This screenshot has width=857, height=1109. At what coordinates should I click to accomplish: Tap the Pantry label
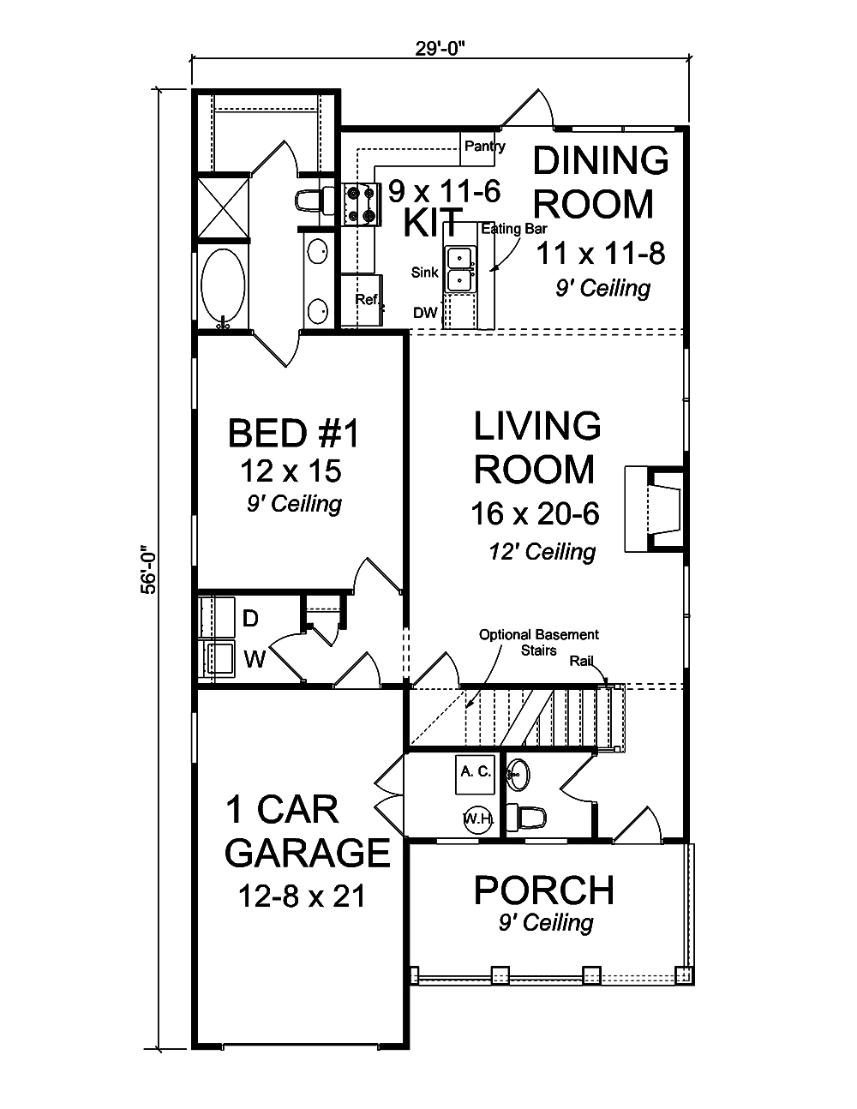tap(484, 147)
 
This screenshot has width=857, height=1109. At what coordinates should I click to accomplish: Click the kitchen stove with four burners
tap(360, 205)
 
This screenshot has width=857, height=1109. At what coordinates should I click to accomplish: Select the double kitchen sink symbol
tap(460, 267)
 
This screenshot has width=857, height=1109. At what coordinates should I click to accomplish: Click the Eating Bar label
tap(513, 229)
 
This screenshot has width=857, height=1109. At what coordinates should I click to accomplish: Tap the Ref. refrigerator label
tap(367, 300)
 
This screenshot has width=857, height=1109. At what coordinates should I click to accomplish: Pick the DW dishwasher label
tap(425, 313)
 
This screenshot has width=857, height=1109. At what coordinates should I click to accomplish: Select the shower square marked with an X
tap(224, 206)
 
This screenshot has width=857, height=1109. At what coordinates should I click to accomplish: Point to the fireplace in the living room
tap(656, 510)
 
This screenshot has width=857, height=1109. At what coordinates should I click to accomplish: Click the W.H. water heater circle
tap(477, 818)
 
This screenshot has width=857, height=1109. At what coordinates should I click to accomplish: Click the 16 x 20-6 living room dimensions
tap(534, 513)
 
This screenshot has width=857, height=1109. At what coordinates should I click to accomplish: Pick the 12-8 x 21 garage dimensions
tap(303, 896)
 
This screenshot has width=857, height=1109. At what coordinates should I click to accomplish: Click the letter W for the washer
tap(255, 658)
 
